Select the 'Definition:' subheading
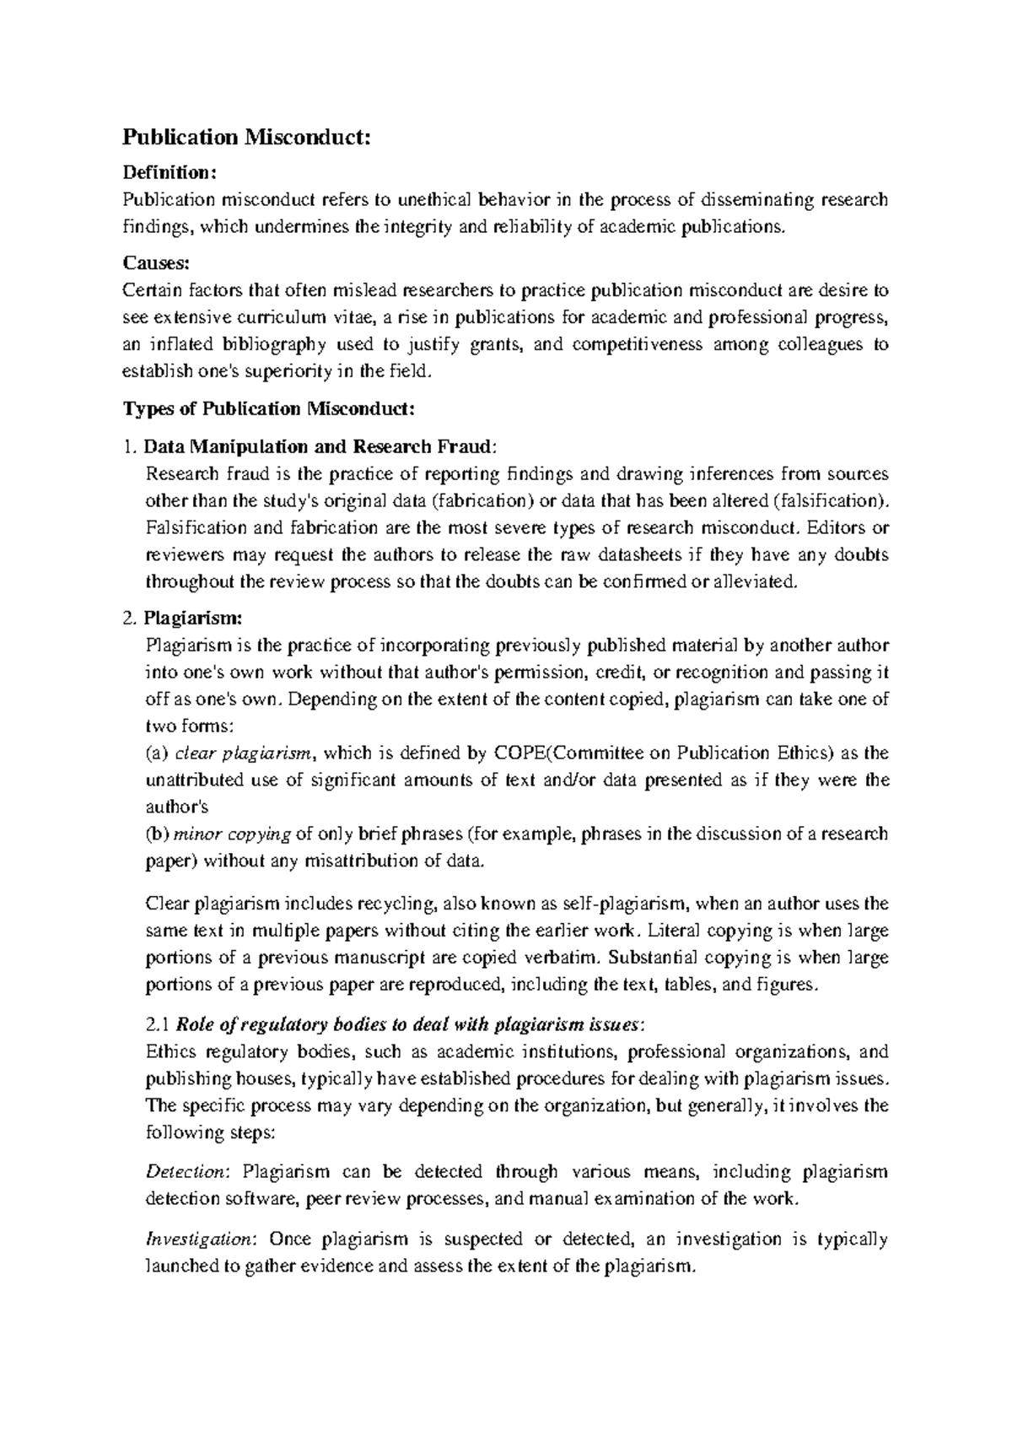[x=170, y=173]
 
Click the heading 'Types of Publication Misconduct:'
[x=269, y=409]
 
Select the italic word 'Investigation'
[x=199, y=1239]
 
